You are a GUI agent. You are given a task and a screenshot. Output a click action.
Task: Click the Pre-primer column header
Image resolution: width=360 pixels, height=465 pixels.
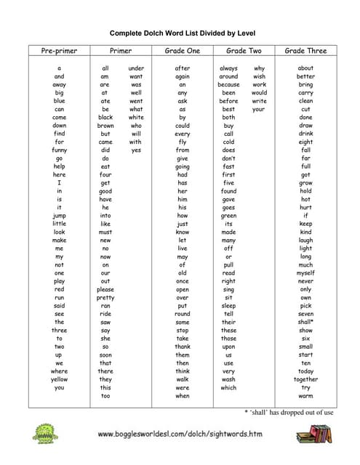(59, 51)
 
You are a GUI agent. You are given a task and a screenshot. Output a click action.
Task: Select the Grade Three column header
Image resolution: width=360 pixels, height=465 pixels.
(305, 51)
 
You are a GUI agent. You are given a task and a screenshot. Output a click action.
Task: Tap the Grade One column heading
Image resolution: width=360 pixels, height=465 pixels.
(183, 51)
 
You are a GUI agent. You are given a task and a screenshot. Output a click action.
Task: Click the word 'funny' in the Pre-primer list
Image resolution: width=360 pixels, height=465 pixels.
(59, 150)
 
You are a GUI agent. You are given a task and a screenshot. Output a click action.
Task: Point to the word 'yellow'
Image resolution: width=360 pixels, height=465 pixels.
(59, 379)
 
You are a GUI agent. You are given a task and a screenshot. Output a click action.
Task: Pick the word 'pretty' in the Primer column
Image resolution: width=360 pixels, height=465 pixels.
(105, 297)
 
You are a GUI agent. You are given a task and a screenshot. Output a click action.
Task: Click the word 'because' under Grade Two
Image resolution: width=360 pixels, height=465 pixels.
(228, 84)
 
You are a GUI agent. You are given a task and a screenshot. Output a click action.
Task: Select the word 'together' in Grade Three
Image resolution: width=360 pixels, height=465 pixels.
(305, 379)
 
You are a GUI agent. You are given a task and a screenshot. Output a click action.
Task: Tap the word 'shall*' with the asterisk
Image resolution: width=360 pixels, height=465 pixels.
(305, 322)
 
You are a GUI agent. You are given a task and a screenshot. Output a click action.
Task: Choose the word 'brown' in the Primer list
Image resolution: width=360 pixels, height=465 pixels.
(105, 125)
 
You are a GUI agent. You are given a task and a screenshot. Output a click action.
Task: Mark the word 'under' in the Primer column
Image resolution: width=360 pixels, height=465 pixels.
(136, 68)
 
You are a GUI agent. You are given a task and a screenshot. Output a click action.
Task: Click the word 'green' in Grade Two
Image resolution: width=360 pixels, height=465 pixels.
(228, 215)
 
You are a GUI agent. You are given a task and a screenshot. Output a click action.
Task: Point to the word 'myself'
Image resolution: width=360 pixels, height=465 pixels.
(305, 272)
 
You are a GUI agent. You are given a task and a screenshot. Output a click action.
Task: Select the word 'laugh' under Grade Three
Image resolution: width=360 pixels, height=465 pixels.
(305, 240)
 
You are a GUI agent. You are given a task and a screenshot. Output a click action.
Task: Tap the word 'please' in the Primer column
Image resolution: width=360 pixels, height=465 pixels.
(105, 289)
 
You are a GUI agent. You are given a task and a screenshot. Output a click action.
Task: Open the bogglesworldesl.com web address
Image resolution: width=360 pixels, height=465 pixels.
(180, 434)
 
